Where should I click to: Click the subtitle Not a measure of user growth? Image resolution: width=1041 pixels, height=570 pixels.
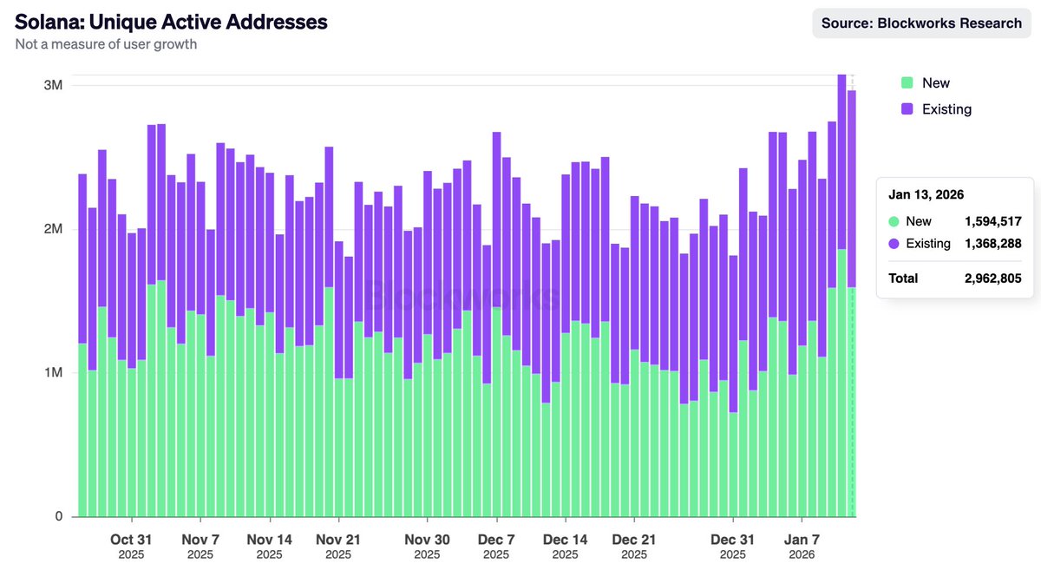tap(106, 44)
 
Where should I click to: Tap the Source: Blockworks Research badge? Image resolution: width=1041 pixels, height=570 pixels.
tap(921, 23)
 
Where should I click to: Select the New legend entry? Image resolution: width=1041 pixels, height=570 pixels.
tap(935, 83)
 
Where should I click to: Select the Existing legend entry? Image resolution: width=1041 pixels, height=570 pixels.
tap(946, 109)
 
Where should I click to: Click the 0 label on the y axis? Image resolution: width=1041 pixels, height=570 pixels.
tap(60, 516)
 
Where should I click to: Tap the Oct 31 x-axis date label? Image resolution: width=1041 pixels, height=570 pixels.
tap(131, 540)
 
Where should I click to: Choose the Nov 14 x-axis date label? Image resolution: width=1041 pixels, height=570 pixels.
tap(269, 540)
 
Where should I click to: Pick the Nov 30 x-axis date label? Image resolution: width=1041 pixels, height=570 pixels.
tap(429, 540)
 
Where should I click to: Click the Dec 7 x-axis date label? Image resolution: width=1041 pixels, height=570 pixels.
tap(495, 540)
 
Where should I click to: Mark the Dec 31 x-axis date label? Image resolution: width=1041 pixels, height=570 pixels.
tap(733, 540)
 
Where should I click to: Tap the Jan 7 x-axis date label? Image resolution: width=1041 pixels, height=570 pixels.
tap(802, 540)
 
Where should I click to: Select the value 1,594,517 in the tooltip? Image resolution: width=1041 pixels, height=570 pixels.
tap(992, 221)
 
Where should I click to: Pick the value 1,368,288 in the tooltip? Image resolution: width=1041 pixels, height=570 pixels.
tap(992, 244)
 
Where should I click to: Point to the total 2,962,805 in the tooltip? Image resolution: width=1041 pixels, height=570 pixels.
tap(992, 278)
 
